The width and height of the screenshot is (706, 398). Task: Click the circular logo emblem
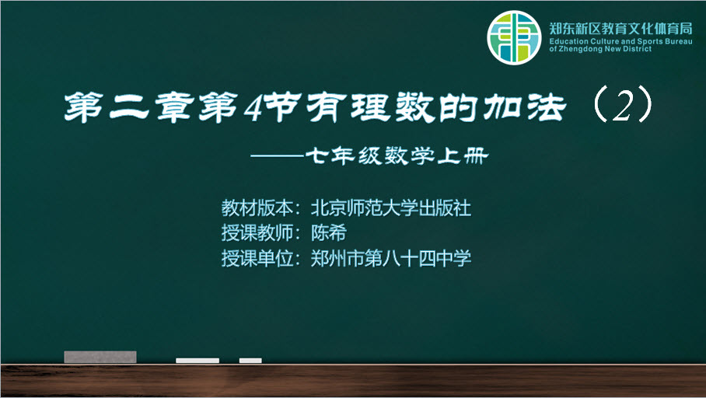point(514,38)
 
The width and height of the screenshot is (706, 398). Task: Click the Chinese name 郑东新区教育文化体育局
point(620,29)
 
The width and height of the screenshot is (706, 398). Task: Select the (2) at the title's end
point(623,106)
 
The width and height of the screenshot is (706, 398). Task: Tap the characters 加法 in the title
point(525,107)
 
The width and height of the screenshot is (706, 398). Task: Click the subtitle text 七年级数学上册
point(397,156)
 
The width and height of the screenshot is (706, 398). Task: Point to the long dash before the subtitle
point(278,155)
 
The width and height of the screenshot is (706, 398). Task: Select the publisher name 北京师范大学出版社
point(391,208)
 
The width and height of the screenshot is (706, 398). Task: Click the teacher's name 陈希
point(329,232)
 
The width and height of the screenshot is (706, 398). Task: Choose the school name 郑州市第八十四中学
point(391,258)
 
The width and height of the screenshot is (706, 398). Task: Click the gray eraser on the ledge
point(100,357)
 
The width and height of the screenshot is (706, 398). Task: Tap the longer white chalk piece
point(197,361)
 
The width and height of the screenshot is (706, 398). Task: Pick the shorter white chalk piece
point(250,361)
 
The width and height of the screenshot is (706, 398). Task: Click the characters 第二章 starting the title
point(129,108)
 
